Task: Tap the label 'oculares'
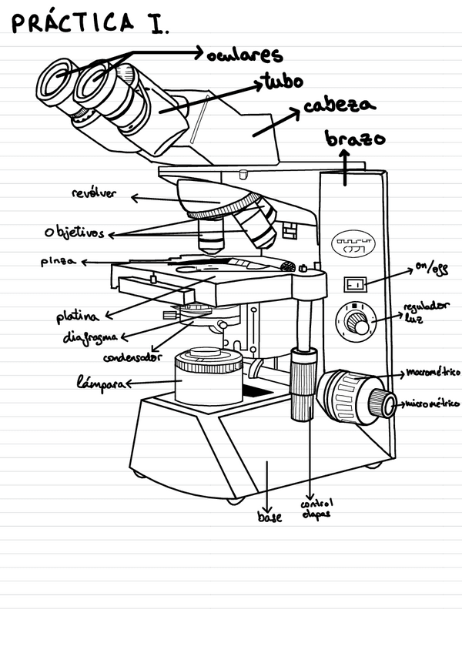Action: tap(245, 55)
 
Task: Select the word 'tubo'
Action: tap(282, 80)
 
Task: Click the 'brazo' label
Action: tap(355, 139)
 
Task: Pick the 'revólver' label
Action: tap(94, 193)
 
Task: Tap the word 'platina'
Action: tap(78, 316)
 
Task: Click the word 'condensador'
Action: tap(133, 357)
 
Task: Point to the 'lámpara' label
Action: tap(100, 382)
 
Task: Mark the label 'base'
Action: tap(269, 517)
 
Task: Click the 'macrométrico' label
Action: tap(432, 372)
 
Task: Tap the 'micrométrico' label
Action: tap(433, 403)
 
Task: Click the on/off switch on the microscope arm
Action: tap(354, 284)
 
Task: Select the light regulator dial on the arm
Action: tap(357, 322)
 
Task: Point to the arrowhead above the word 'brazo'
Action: tap(345, 154)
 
